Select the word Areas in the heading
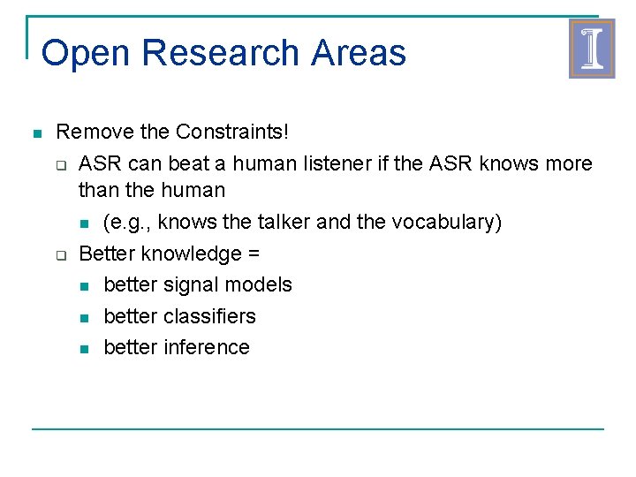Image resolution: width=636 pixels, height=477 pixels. (x=359, y=53)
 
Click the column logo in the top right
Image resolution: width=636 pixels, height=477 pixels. (x=591, y=49)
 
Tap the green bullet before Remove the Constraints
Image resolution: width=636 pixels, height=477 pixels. (x=36, y=134)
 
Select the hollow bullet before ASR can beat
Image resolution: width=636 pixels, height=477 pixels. (x=61, y=165)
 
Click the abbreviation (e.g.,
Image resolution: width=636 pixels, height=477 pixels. (x=126, y=222)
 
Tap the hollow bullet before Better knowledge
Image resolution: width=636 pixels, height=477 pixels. (x=61, y=255)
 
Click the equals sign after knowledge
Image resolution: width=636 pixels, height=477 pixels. (x=253, y=254)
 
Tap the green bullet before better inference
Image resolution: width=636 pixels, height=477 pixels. (x=84, y=349)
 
